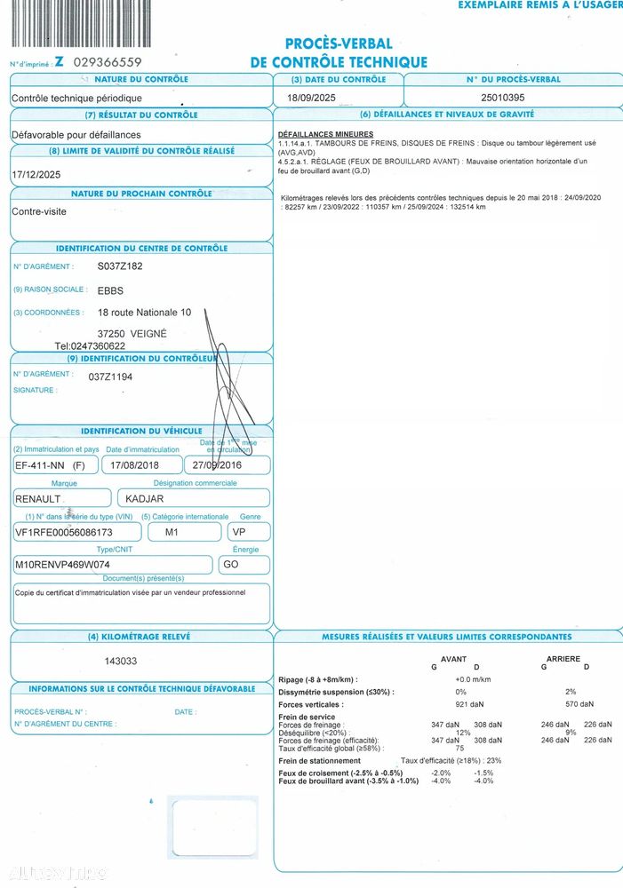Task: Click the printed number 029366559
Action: pos(108,62)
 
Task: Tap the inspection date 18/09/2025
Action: pos(312,97)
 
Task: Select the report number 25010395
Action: pos(503,97)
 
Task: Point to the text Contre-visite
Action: pos(39,212)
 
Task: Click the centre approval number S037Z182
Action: pos(120,266)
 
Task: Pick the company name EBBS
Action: pos(110,290)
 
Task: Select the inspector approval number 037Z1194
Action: pos(110,377)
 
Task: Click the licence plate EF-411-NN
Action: pos(40,464)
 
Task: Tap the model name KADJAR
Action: pos(144,498)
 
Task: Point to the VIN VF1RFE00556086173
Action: pos(65,532)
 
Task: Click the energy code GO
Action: pos(229,565)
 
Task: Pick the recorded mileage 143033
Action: pos(121,661)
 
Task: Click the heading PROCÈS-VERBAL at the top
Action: pos(339,44)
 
